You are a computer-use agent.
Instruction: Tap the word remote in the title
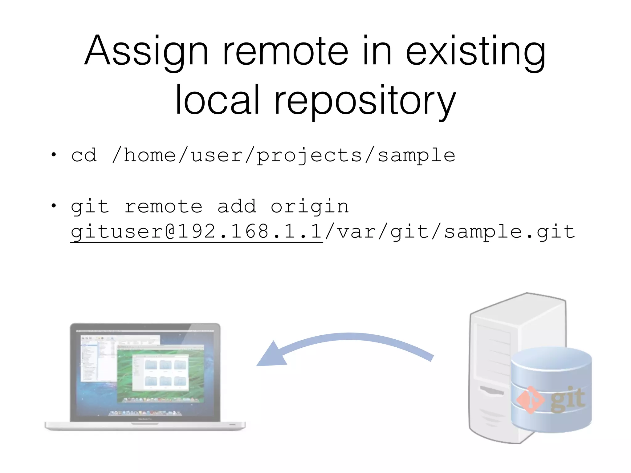point(285,51)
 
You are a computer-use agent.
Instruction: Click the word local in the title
point(217,100)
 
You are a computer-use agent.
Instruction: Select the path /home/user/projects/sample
point(283,156)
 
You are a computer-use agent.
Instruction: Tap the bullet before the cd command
point(54,155)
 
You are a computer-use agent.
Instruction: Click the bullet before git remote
point(54,205)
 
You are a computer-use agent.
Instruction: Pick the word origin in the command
point(310,206)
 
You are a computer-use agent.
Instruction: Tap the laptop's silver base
point(145,426)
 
